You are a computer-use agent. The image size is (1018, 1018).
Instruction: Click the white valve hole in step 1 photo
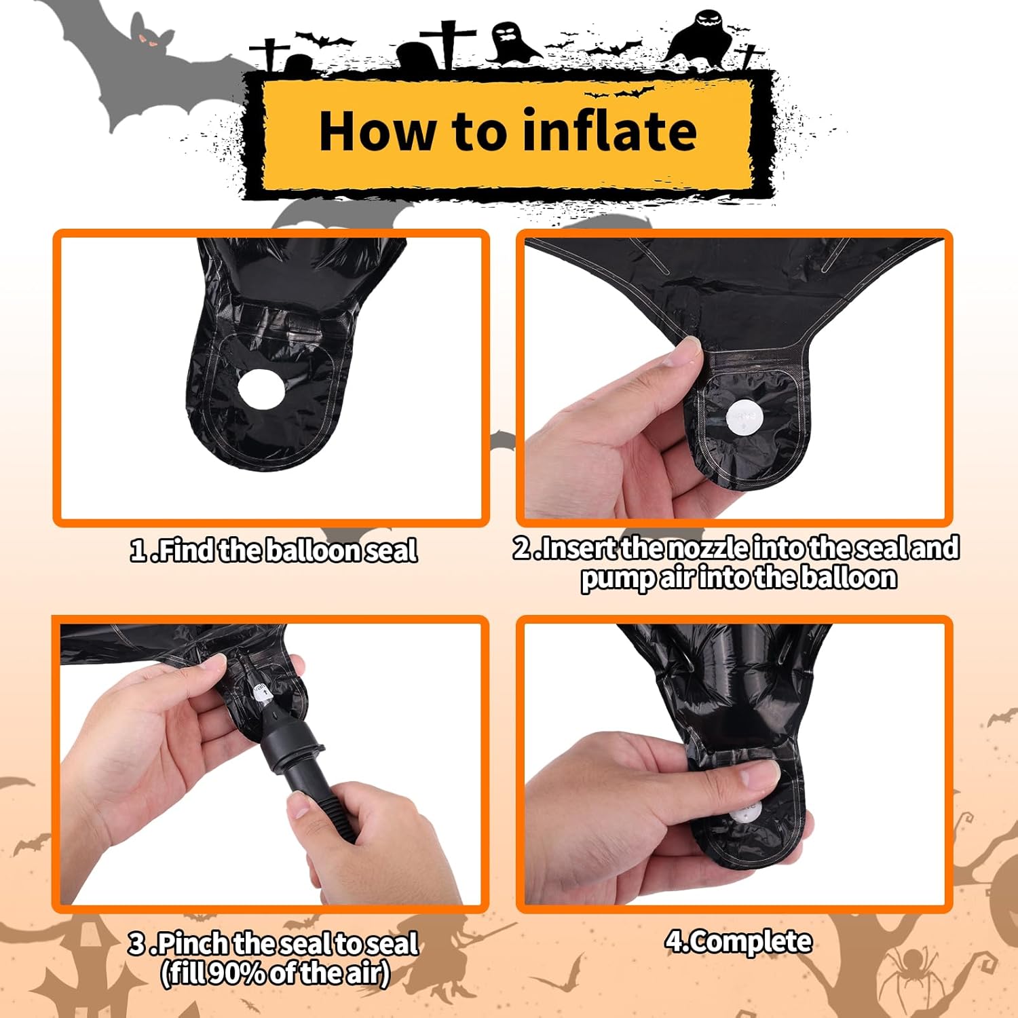261,389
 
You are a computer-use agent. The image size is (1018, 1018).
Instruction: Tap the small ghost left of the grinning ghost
511,41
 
